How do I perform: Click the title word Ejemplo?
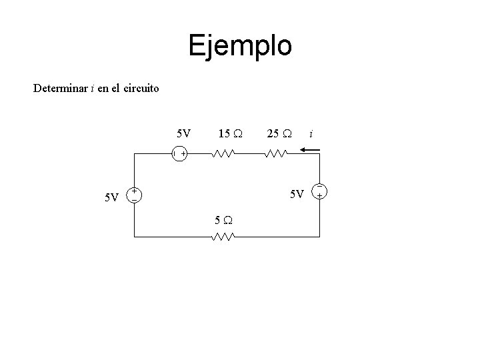(240, 46)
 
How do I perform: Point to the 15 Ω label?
(230, 133)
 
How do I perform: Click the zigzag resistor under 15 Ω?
(222, 154)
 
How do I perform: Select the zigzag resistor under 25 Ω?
(275, 154)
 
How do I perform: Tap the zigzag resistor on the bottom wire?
(223, 237)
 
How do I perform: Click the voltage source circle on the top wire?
(179, 154)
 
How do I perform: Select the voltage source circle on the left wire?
(134, 194)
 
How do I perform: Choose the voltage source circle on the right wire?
(321, 191)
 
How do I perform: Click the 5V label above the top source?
(183, 133)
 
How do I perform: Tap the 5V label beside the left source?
(112, 197)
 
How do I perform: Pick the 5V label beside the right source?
(297, 194)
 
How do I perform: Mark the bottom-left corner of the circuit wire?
(134, 237)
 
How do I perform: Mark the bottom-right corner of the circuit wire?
(321, 237)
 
